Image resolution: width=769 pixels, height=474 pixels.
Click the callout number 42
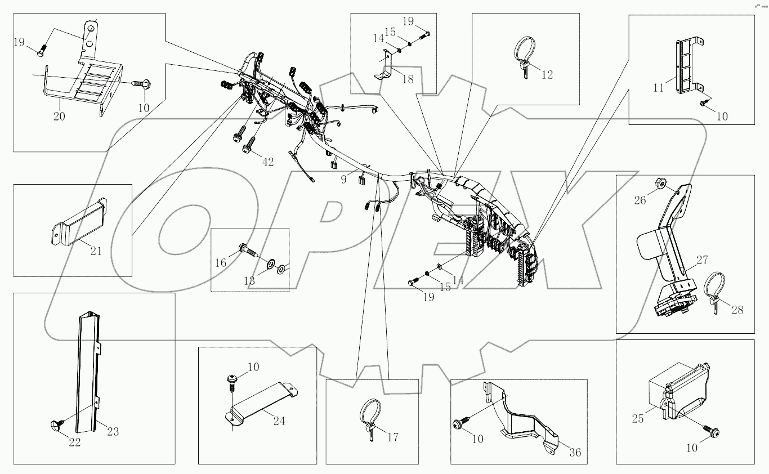point(267,162)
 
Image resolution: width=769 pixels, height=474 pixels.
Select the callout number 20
point(59,117)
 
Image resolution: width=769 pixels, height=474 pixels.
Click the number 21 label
point(96,251)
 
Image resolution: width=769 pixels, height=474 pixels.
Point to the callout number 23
point(113,432)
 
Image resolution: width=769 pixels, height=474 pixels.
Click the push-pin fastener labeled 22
point(58,421)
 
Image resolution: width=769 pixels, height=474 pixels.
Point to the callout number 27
point(702,260)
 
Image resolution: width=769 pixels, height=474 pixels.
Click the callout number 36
point(574,452)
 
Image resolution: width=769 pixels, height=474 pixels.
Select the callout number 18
point(408,79)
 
